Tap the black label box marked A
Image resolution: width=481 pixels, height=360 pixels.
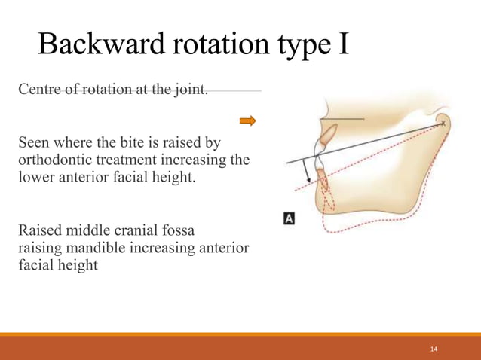[x=288, y=218]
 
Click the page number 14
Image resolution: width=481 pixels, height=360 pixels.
[x=434, y=349]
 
